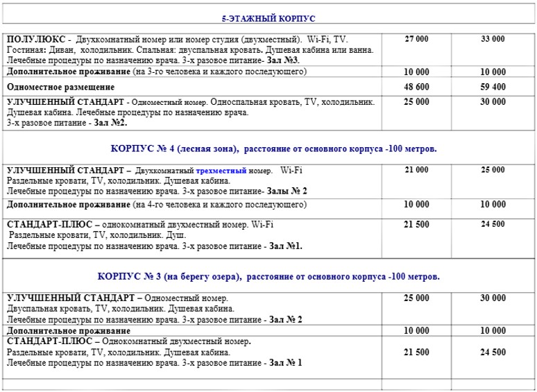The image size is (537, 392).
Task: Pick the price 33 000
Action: (x=493, y=40)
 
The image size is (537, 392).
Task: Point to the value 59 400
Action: (x=493, y=87)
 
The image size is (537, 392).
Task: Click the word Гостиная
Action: (x=26, y=51)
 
